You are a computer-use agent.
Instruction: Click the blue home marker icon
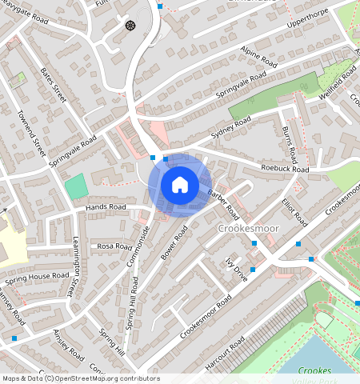click(180, 186)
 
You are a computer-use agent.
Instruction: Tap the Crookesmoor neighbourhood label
click(247, 230)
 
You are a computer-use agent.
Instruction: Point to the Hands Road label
click(106, 207)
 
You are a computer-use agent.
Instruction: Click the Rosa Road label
click(114, 246)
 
